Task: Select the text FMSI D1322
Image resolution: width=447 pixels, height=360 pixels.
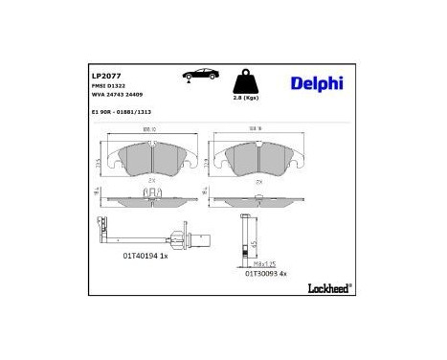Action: coord(107,85)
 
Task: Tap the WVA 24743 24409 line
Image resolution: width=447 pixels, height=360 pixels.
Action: coord(115,96)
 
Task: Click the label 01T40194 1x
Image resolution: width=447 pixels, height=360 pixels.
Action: coord(146,255)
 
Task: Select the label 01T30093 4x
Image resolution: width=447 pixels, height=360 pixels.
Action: coord(266,272)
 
